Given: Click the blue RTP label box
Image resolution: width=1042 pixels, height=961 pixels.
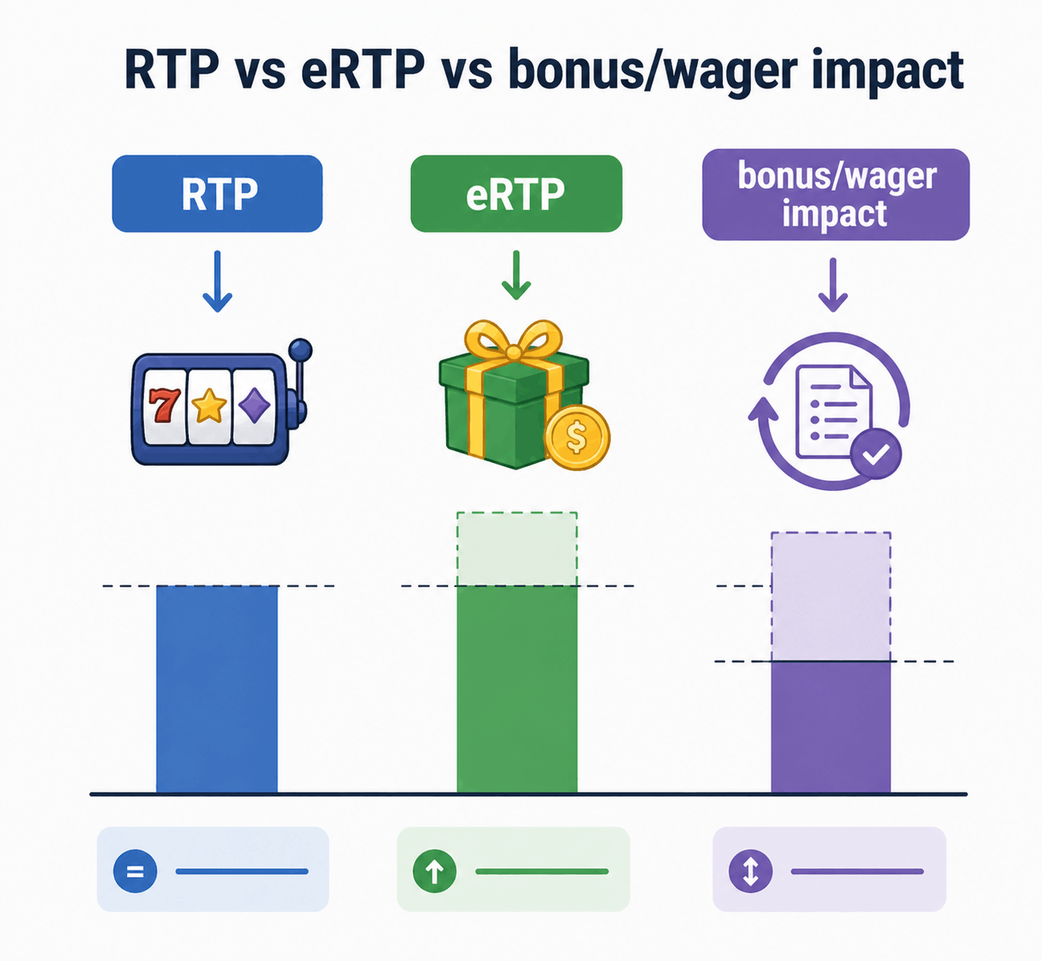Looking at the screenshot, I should click(x=217, y=194).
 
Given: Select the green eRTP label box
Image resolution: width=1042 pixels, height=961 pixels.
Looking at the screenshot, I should click(x=515, y=194).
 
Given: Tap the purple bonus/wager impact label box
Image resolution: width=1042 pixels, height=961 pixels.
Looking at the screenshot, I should click(x=835, y=195).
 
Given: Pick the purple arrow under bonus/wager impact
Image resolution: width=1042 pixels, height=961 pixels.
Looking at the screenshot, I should click(x=833, y=285).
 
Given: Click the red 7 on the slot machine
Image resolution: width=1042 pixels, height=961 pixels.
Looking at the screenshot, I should click(x=164, y=405).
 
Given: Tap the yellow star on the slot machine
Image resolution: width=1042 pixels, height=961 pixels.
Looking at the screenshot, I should click(x=209, y=406).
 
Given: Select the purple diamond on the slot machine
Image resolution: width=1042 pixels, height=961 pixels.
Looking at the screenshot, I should click(x=255, y=406).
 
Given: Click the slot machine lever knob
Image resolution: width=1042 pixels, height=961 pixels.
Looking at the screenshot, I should click(x=300, y=350).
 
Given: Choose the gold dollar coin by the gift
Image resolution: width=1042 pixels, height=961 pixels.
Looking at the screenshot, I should click(x=578, y=437).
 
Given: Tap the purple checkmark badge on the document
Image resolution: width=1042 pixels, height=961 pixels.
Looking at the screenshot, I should click(x=876, y=454).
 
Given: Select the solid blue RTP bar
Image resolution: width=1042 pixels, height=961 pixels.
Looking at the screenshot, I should click(x=217, y=690).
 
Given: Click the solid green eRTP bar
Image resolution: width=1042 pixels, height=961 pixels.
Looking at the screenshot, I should click(x=517, y=690).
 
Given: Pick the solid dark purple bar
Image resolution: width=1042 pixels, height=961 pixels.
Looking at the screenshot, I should click(x=831, y=727).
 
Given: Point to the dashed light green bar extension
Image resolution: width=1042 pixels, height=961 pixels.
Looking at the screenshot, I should click(x=517, y=549).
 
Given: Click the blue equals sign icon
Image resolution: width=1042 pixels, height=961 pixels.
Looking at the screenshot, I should click(x=135, y=871).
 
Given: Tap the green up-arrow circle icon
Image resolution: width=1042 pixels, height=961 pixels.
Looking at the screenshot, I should click(x=434, y=871).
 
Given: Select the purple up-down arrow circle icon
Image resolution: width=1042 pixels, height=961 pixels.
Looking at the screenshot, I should click(x=751, y=871).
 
